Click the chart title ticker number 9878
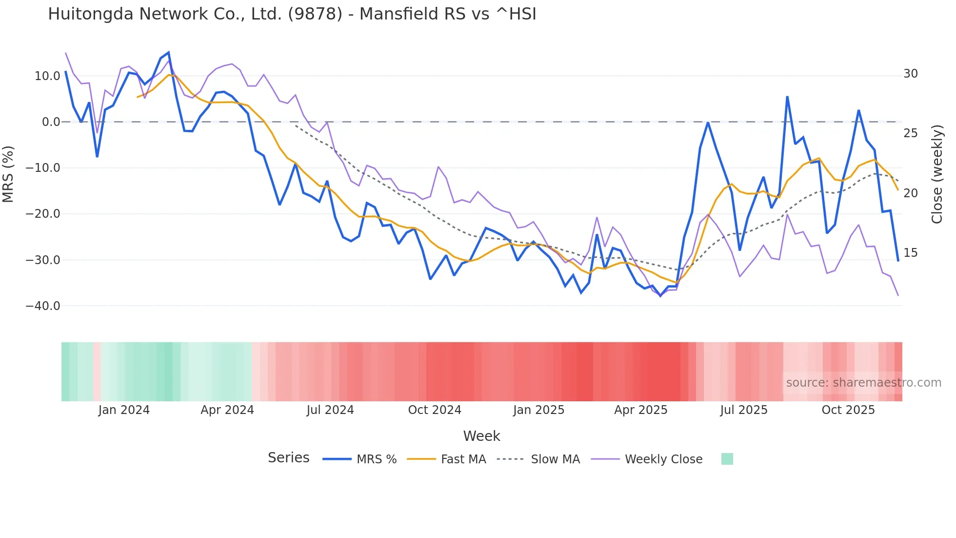pyautogui.click(x=315, y=14)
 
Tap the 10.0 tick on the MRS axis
pyautogui.click(x=47, y=76)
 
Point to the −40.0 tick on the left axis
pyautogui.click(x=43, y=306)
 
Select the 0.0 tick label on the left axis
pyautogui.click(x=51, y=122)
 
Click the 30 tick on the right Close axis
pyautogui.click(x=911, y=74)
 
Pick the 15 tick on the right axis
pyautogui.click(x=911, y=253)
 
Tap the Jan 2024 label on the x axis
pyautogui.click(x=124, y=410)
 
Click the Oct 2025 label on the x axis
pyautogui.click(x=848, y=410)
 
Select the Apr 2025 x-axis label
pyautogui.click(x=640, y=410)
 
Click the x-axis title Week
pyautogui.click(x=481, y=436)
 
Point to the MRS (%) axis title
pyautogui.click(x=8, y=174)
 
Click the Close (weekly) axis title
pyautogui.click(x=937, y=174)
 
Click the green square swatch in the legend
pyautogui.click(x=727, y=459)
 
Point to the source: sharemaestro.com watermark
pyautogui.click(x=863, y=383)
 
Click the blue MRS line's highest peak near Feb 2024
pyautogui.click(x=169, y=52)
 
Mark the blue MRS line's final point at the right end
pyautogui.click(x=898, y=261)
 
